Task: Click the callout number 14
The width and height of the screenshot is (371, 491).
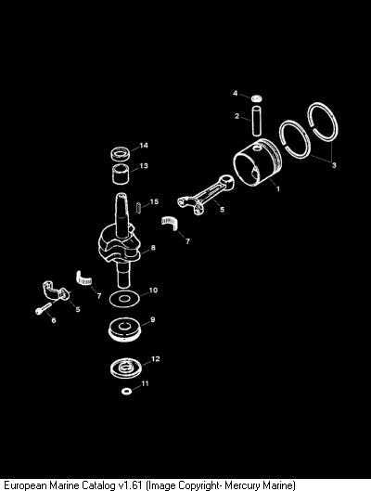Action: point(144,146)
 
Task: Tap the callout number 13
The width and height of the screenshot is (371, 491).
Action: point(144,165)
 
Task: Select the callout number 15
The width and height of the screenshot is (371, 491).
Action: point(154,201)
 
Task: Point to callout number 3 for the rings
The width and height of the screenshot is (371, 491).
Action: point(334,165)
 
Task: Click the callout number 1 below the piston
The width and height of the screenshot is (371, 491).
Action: point(277,188)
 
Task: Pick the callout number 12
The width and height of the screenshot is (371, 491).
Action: point(156,359)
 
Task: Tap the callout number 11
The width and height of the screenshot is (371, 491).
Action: point(145,383)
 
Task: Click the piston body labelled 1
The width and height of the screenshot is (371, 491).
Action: point(258,162)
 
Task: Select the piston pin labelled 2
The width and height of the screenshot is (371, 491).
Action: point(257,122)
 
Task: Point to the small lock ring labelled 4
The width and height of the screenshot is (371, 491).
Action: point(257,98)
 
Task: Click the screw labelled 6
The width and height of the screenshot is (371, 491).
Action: point(45,307)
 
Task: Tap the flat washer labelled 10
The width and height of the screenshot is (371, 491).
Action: point(124,299)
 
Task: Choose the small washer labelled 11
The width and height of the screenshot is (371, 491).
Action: point(127,391)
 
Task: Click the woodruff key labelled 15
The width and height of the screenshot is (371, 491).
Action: point(139,208)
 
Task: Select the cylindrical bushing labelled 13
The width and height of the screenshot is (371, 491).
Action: point(121,174)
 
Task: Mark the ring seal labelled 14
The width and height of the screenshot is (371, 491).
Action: point(121,153)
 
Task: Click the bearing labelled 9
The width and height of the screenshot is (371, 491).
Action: point(125,330)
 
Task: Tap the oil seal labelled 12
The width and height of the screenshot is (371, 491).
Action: point(126,368)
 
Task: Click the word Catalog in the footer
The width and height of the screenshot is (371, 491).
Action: point(98,485)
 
